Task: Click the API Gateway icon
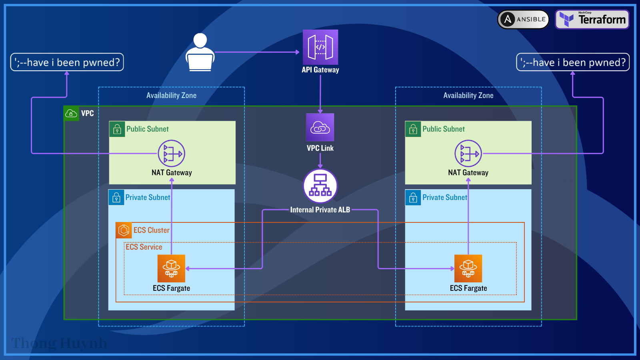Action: click(x=320, y=47)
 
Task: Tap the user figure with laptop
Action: click(x=200, y=53)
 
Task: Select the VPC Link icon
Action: click(x=320, y=127)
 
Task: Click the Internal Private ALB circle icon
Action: click(x=320, y=186)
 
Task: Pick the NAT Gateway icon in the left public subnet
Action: click(x=172, y=153)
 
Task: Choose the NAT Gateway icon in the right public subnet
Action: click(x=468, y=153)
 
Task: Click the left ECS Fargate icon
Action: click(x=171, y=268)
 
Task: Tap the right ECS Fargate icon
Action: click(x=468, y=268)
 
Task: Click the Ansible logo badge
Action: click(x=523, y=19)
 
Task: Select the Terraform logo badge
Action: click(x=592, y=19)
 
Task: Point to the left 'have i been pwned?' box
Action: click(x=67, y=62)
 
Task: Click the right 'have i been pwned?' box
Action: click(x=573, y=62)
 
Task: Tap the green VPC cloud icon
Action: click(x=71, y=114)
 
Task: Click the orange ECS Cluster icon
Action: click(x=124, y=230)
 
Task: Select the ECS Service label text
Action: click(x=144, y=247)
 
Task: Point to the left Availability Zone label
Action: click(x=171, y=96)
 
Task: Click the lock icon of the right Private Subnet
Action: click(x=413, y=198)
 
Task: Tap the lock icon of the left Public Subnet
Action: click(x=117, y=129)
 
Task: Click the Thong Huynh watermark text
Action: click(x=59, y=343)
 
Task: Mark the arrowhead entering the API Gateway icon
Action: click(x=297, y=52)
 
